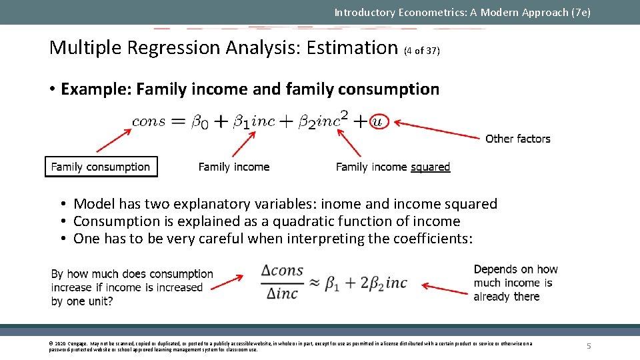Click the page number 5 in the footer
point(589,346)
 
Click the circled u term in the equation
point(377,121)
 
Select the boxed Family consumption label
point(101,167)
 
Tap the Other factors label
point(517,139)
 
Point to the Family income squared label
point(393,167)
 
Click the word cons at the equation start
point(149,121)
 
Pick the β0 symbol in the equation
point(200,122)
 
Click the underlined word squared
point(430,167)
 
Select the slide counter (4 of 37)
point(421,50)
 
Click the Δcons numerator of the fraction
point(282,271)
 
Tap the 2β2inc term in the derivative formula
point(384,283)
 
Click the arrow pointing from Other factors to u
point(437,130)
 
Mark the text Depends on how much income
point(515,276)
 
